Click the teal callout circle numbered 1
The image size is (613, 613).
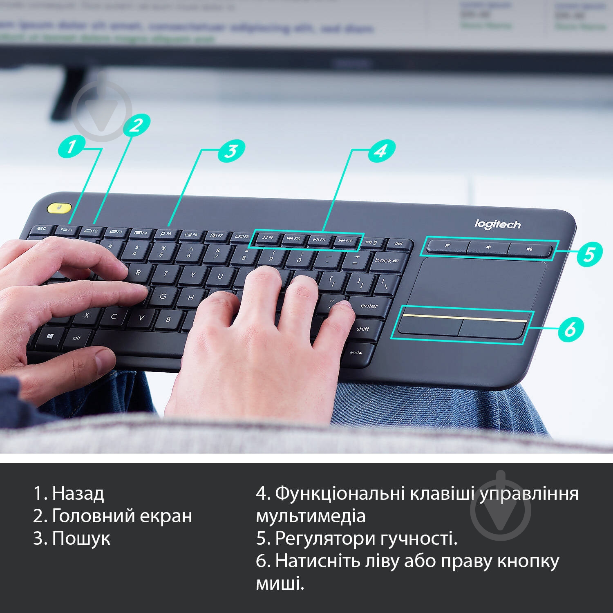[x=71, y=146]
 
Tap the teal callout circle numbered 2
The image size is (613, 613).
[x=136, y=125]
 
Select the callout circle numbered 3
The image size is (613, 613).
[x=231, y=150]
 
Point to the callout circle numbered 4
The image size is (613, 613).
[x=381, y=151]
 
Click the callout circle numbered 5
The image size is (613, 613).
[x=589, y=254]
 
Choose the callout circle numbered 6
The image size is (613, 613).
[x=570, y=328]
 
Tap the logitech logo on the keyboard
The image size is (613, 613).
[x=497, y=224]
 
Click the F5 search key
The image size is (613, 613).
[x=166, y=234]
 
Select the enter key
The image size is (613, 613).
[x=369, y=306]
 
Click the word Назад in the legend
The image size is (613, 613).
[x=78, y=493]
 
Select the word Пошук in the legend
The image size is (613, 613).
[x=81, y=538]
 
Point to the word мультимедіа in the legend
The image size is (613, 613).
[x=311, y=516]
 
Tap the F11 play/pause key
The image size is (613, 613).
[x=320, y=240]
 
